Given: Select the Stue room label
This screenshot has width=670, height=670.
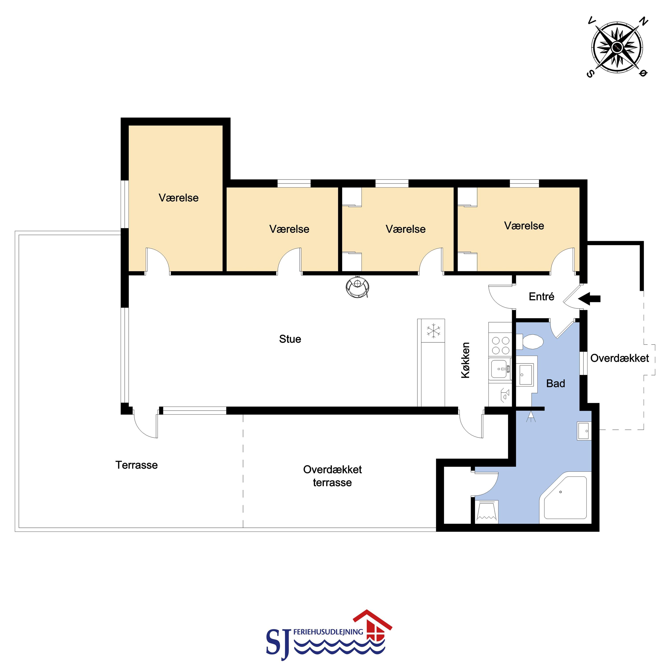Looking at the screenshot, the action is pyautogui.click(x=290, y=339).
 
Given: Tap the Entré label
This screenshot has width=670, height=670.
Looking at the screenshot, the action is pyautogui.click(x=541, y=297).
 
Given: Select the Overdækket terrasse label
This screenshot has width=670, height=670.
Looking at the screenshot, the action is pyautogui.click(x=332, y=476).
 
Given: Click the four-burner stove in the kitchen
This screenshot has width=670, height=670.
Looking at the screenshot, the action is pyautogui.click(x=500, y=345).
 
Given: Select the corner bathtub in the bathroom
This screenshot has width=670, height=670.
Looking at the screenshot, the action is pyautogui.click(x=565, y=498).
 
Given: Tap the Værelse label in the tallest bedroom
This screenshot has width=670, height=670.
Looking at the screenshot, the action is pyautogui.click(x=179, y=198).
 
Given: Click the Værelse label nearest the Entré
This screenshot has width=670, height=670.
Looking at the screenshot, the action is pyautogui.click(x=524, y=226).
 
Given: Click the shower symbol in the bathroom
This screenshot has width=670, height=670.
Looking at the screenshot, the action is pyautogui.click(x=531, y=417).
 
